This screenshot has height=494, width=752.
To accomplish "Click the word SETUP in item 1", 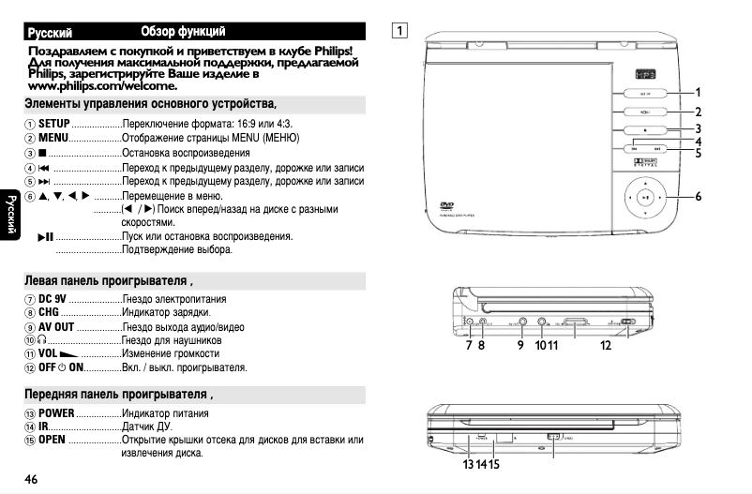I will click(54, 124).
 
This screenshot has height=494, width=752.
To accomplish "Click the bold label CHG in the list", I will click(49, 312).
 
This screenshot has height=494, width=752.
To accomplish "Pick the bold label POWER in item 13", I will click(56, 413).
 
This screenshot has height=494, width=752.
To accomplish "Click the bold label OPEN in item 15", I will click(53, 440).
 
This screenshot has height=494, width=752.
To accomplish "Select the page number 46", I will click(31, 480).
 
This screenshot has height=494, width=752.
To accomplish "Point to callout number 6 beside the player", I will click(699, 197).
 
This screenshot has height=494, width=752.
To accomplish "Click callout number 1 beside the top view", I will click(699, 92).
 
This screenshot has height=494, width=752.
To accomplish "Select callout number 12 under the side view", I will click(606, 345).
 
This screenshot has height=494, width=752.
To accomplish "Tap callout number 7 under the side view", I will click(469, 345).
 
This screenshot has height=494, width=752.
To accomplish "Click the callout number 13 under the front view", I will click(466, 464).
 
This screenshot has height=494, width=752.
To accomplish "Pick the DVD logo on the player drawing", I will click(447, 208).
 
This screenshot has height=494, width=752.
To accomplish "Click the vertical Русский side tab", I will click(9, 216).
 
